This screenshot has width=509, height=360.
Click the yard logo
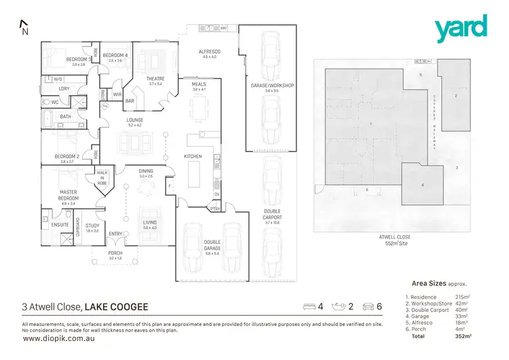point(461,28)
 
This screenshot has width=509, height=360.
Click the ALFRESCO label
point(208,54)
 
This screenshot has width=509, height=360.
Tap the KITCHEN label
point(193,156)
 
